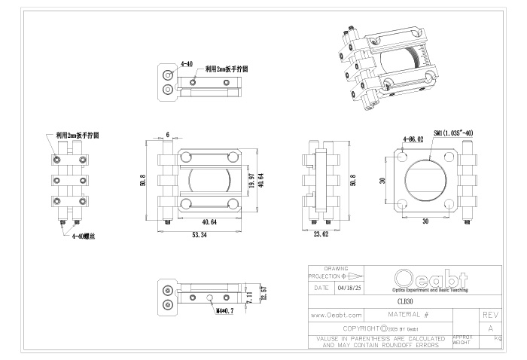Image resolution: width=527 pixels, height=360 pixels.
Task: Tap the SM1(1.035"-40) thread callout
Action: coord(454,132)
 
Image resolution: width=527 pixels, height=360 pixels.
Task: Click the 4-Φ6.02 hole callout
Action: coord(414,139)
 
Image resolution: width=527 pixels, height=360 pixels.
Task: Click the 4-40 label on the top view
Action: coord(186,65)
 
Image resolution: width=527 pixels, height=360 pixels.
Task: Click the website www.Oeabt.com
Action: coord(337,315)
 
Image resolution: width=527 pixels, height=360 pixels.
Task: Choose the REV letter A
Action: coord(491,328)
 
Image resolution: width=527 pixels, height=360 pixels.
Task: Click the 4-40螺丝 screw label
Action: coord(83,236)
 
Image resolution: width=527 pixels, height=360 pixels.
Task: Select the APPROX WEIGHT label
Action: coord(463,340)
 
